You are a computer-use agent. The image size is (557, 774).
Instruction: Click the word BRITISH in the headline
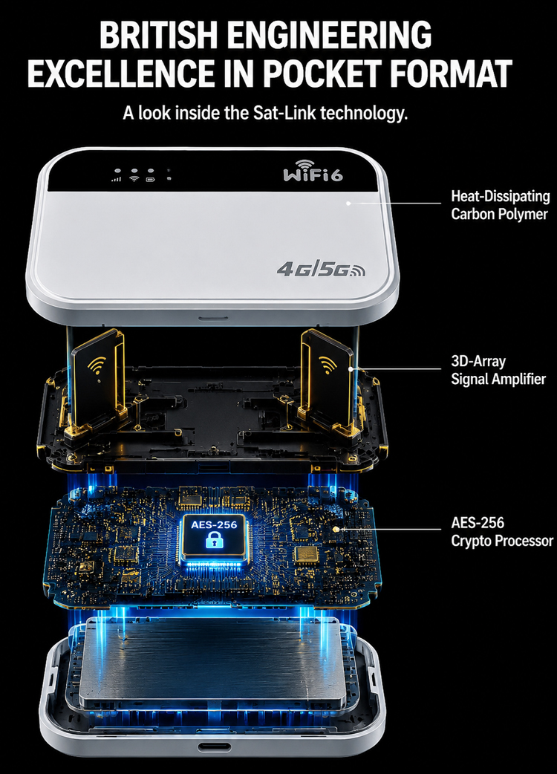158,35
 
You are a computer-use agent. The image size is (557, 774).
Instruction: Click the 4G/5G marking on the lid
321,269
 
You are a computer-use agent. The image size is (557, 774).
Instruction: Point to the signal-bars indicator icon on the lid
117,179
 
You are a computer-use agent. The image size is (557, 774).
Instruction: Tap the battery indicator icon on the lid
151,179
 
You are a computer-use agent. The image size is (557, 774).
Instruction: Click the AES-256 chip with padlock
214,536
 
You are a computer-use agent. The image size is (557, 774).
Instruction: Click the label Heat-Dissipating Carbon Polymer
500,205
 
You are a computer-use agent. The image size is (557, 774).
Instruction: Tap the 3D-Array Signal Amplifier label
498,370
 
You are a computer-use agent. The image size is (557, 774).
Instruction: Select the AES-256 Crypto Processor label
502,532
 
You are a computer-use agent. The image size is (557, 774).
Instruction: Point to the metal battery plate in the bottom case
213,661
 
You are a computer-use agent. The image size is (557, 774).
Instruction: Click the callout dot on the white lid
348,202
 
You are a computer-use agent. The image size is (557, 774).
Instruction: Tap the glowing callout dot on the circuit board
336,529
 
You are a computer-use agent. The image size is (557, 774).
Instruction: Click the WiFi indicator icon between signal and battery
134,178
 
